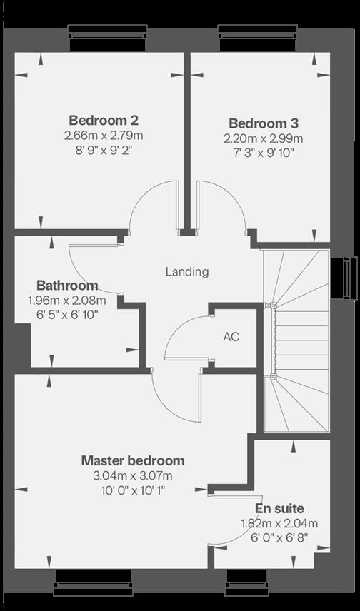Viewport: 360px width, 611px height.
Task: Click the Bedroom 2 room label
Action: click(x=104, y=120)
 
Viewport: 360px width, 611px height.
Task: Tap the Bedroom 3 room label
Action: click(x=264, y=123)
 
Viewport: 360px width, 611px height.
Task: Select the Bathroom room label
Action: click(x=67, y=286)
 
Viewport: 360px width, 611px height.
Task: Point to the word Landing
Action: click(x=187, y=272)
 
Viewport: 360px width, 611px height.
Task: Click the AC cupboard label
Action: click(x=231, y=337)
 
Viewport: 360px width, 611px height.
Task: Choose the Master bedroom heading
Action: click(x=133, y=460)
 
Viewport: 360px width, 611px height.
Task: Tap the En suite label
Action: click(x=279, y=508)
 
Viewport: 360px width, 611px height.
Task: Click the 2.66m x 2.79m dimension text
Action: click(x=104, y=136)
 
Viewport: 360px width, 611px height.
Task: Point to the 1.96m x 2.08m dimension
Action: click(x=67, y=301)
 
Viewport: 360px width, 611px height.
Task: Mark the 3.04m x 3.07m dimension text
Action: click(x=133, y=476)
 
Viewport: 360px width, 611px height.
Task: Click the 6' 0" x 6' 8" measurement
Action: click(x=279, y=537)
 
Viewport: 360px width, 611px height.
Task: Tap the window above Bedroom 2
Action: click(x=108, y=38)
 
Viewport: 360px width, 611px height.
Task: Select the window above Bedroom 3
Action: click(x=257, y=38)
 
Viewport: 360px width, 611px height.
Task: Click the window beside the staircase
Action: click(x=344, y=278)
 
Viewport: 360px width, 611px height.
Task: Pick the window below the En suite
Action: click(x=247, y=582)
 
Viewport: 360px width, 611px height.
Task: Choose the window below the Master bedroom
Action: click(x=93, y=582)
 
